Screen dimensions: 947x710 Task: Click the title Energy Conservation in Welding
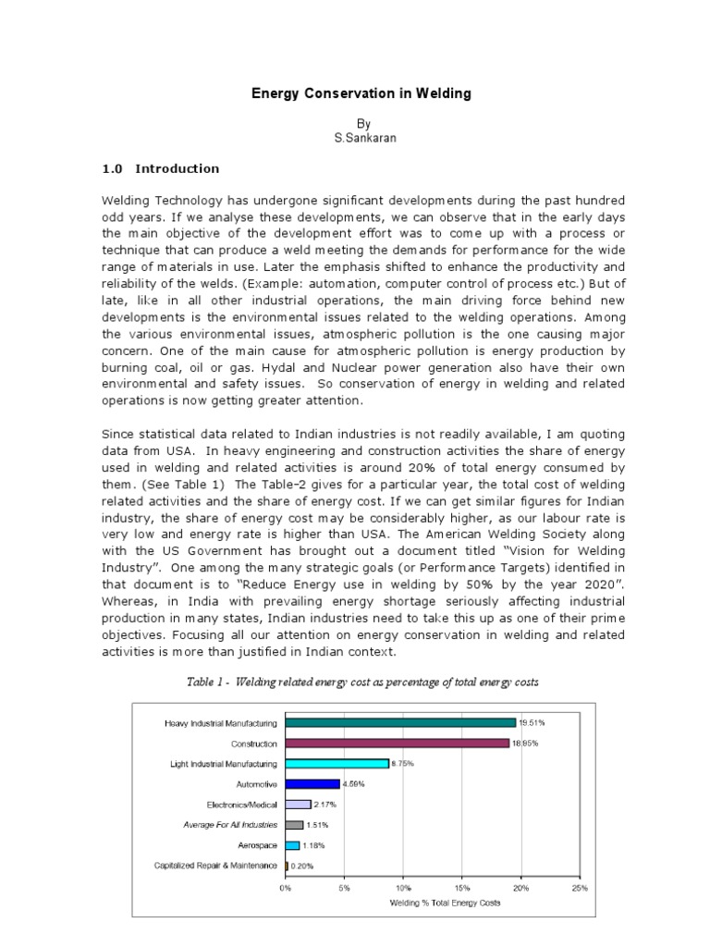[362, 93]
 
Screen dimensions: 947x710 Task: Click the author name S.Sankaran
[362, 138]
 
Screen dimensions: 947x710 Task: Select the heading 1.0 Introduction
[160, 168]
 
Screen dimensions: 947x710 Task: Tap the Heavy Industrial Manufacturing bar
[400, 722]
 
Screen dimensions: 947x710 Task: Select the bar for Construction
[397, 743]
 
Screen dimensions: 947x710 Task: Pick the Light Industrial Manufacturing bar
[337, 763]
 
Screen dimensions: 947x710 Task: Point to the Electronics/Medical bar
[298, 804]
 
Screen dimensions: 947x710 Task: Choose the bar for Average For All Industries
[294, 824]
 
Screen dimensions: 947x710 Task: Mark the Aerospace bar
[292, 844]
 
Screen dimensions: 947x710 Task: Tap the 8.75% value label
[402, 763]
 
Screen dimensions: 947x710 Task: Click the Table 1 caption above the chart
[361, 682]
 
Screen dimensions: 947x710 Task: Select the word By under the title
[362, 123]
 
